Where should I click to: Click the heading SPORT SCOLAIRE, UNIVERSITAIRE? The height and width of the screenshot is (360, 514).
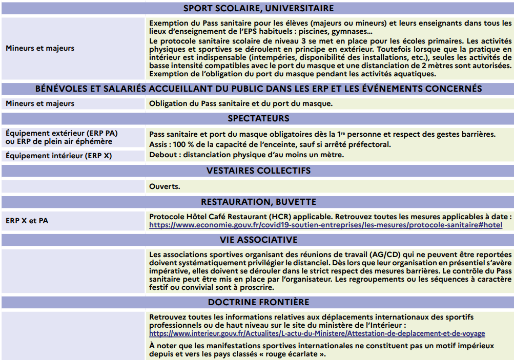pos(258,8)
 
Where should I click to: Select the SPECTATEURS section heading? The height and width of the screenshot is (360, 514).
pos(258,118)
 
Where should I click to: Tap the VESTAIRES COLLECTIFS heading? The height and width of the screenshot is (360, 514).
pos(258,171)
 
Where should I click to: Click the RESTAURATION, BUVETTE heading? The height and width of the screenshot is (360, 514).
pos(258,202)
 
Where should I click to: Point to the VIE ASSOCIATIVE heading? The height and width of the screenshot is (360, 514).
pos(258,240)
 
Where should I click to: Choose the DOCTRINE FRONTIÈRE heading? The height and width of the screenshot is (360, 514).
pos(258,302)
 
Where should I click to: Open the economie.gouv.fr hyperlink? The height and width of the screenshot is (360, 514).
pos(325,225)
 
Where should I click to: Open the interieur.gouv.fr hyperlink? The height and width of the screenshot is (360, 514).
pos(317,333)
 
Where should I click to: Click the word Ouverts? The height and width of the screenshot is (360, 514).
pos(165,186)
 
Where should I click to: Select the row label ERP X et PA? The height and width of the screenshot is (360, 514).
pos(27,221)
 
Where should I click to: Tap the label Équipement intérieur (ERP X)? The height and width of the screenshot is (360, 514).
pos(58,155)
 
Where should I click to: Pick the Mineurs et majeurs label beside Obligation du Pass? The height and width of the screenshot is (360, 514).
pos(39,103)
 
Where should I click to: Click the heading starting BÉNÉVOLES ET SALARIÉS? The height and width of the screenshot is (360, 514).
pos(258,89)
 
